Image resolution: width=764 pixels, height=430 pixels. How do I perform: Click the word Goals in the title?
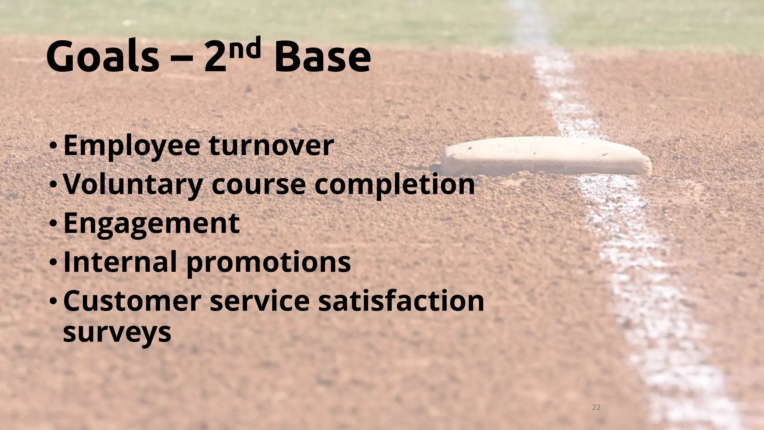103,58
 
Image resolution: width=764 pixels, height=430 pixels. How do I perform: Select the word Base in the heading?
322,58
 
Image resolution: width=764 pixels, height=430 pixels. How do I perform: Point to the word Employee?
132,146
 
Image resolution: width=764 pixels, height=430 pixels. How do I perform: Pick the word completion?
394,185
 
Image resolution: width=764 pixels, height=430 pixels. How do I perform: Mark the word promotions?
269,262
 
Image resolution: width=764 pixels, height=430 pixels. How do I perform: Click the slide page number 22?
596,407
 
